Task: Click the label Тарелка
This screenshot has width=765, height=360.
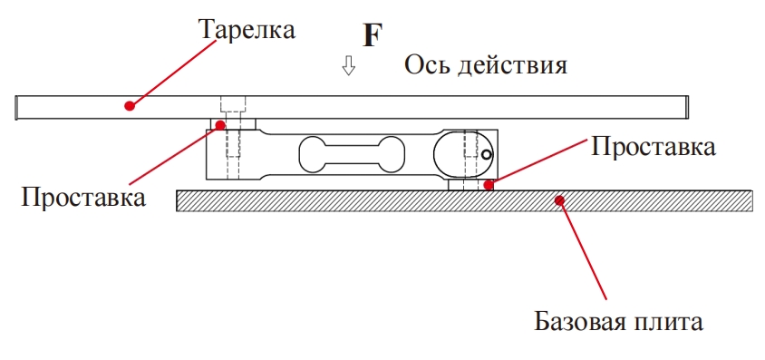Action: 247,29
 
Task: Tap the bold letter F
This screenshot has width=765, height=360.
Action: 372,35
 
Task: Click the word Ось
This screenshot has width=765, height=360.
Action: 425,65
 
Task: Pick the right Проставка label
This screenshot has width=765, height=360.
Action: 654,146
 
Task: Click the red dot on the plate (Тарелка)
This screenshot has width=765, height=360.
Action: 130,105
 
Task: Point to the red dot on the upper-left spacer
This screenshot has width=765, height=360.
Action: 220,124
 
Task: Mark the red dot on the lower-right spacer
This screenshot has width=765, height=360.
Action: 489,185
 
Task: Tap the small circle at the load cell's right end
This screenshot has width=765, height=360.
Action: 487,155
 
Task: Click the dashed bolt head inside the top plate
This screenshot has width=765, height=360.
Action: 234,102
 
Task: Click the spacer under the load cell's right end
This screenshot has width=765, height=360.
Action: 469,184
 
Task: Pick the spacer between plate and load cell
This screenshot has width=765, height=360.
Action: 234,124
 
